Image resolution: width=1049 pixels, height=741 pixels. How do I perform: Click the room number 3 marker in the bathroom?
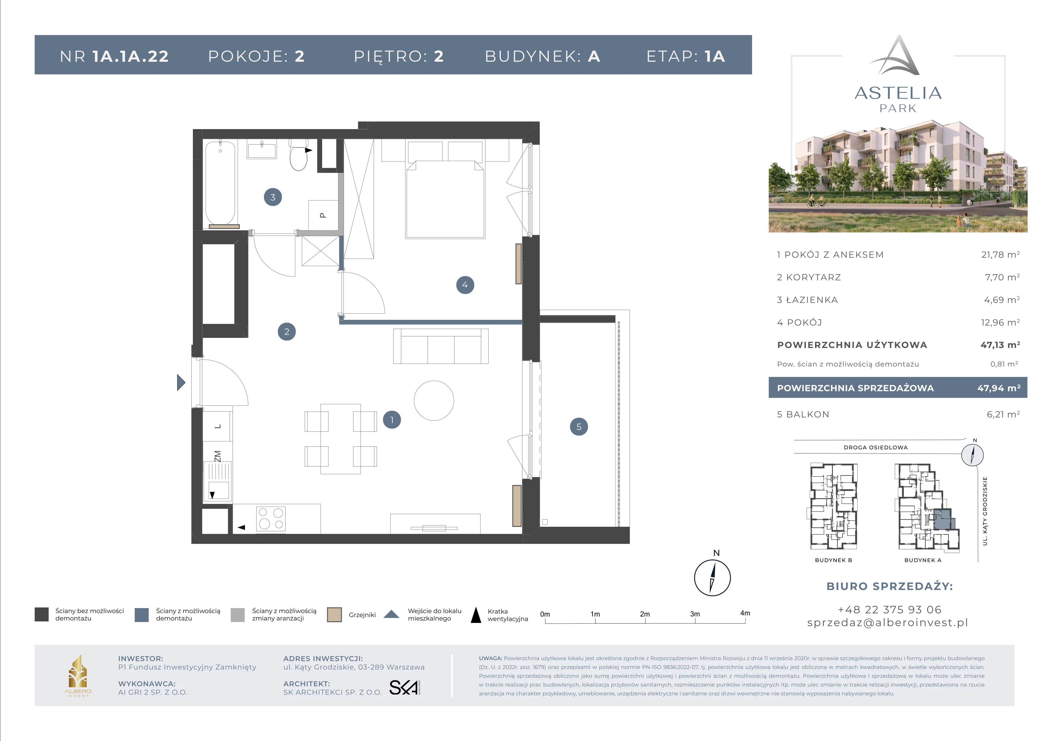click(273, 197)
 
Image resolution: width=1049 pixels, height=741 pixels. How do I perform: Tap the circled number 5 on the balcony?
click(579, 427)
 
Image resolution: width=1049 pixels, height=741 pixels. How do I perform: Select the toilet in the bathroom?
click(299, 155)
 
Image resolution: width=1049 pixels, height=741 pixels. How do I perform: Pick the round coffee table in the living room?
click(434, 400)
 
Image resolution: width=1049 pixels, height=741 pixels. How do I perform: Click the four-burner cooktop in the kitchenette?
click(271, 519)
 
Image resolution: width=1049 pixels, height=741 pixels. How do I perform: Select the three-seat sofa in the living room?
click(441, 346)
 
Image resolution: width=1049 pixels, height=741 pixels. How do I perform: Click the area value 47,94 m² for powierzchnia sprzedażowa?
click(999, 388)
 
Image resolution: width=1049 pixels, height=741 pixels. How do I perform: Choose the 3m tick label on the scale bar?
click(695, 614)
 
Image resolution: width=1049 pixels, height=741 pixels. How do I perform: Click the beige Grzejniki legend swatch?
click(334, 615)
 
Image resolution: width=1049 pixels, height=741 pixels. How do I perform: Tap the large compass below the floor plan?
click(712, 578)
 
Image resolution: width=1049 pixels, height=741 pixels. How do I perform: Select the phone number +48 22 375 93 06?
click(889, 609)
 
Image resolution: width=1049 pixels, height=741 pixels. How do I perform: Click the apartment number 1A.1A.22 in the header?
click(131, 56)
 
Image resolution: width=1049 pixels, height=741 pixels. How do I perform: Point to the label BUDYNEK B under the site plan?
click(833, 560)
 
